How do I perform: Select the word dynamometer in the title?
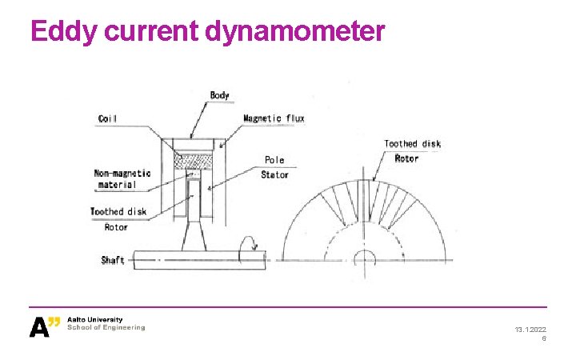click(x=295, y=31)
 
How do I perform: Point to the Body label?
click(x=219, y=95)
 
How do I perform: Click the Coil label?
click(x=107, y=119)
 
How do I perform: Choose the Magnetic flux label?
click(x=274, y=118)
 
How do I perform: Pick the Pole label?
click(x=274, y=160)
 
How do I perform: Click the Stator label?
click(x=274, y=174)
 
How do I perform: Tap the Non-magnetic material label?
click(x=122, y=179)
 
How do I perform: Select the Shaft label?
click(x=113, y=261)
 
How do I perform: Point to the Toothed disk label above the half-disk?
click(x=412, y=144)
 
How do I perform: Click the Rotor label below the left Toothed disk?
click(x=116, y=227)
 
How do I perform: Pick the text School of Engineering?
click(x=106, y=328)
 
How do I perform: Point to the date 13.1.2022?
click(x=530, y=330)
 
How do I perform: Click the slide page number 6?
click(x=544, y=339)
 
